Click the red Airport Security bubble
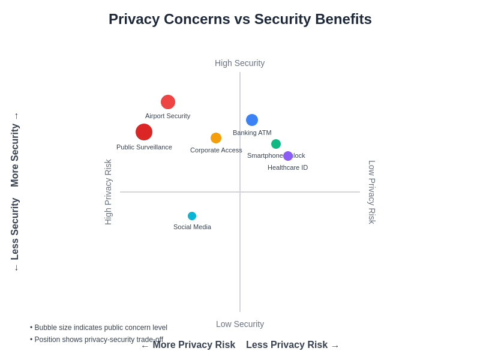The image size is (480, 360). (168, 102)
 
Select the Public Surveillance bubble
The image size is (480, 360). (144, 132)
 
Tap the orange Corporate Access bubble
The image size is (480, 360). (216, 138)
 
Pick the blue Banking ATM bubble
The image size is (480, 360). (252, 120)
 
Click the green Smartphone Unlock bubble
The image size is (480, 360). (276, 144)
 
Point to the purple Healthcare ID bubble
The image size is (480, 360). (288, 156)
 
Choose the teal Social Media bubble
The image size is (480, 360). (192, 216)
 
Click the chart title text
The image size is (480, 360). (240, 19)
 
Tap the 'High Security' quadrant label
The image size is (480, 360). (239, 63)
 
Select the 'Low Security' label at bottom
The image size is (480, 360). (240, 324)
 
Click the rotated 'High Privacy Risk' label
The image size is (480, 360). (108, 192)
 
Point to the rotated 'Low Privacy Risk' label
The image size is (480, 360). (372, 192)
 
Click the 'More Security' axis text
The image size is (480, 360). (15, 155)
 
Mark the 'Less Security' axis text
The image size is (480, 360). (15, 229)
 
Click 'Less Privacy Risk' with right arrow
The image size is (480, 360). (292, 345)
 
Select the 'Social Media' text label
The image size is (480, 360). (192, 227)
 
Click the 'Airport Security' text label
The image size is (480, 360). (167, 116)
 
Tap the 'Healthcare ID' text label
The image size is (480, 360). (287, 167)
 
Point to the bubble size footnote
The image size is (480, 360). (98, 328)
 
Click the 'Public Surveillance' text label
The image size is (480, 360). (144, 147)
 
